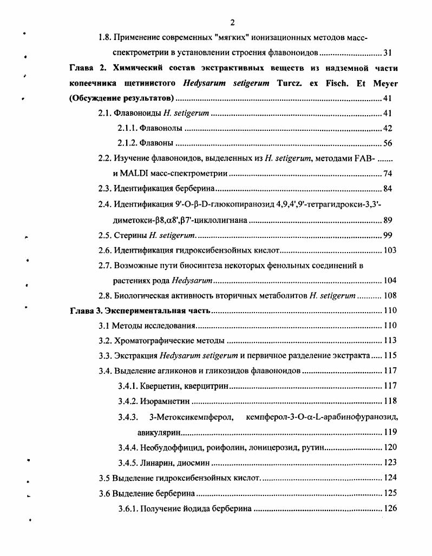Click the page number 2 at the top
tap(232, 22)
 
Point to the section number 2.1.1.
tap(127, 128)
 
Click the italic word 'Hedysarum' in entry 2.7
tap(192, 280)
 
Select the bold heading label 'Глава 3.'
tap(86, 311)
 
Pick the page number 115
tap(389, 356)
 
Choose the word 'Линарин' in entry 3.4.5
tap(156, 462)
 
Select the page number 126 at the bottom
tap(389, 508)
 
